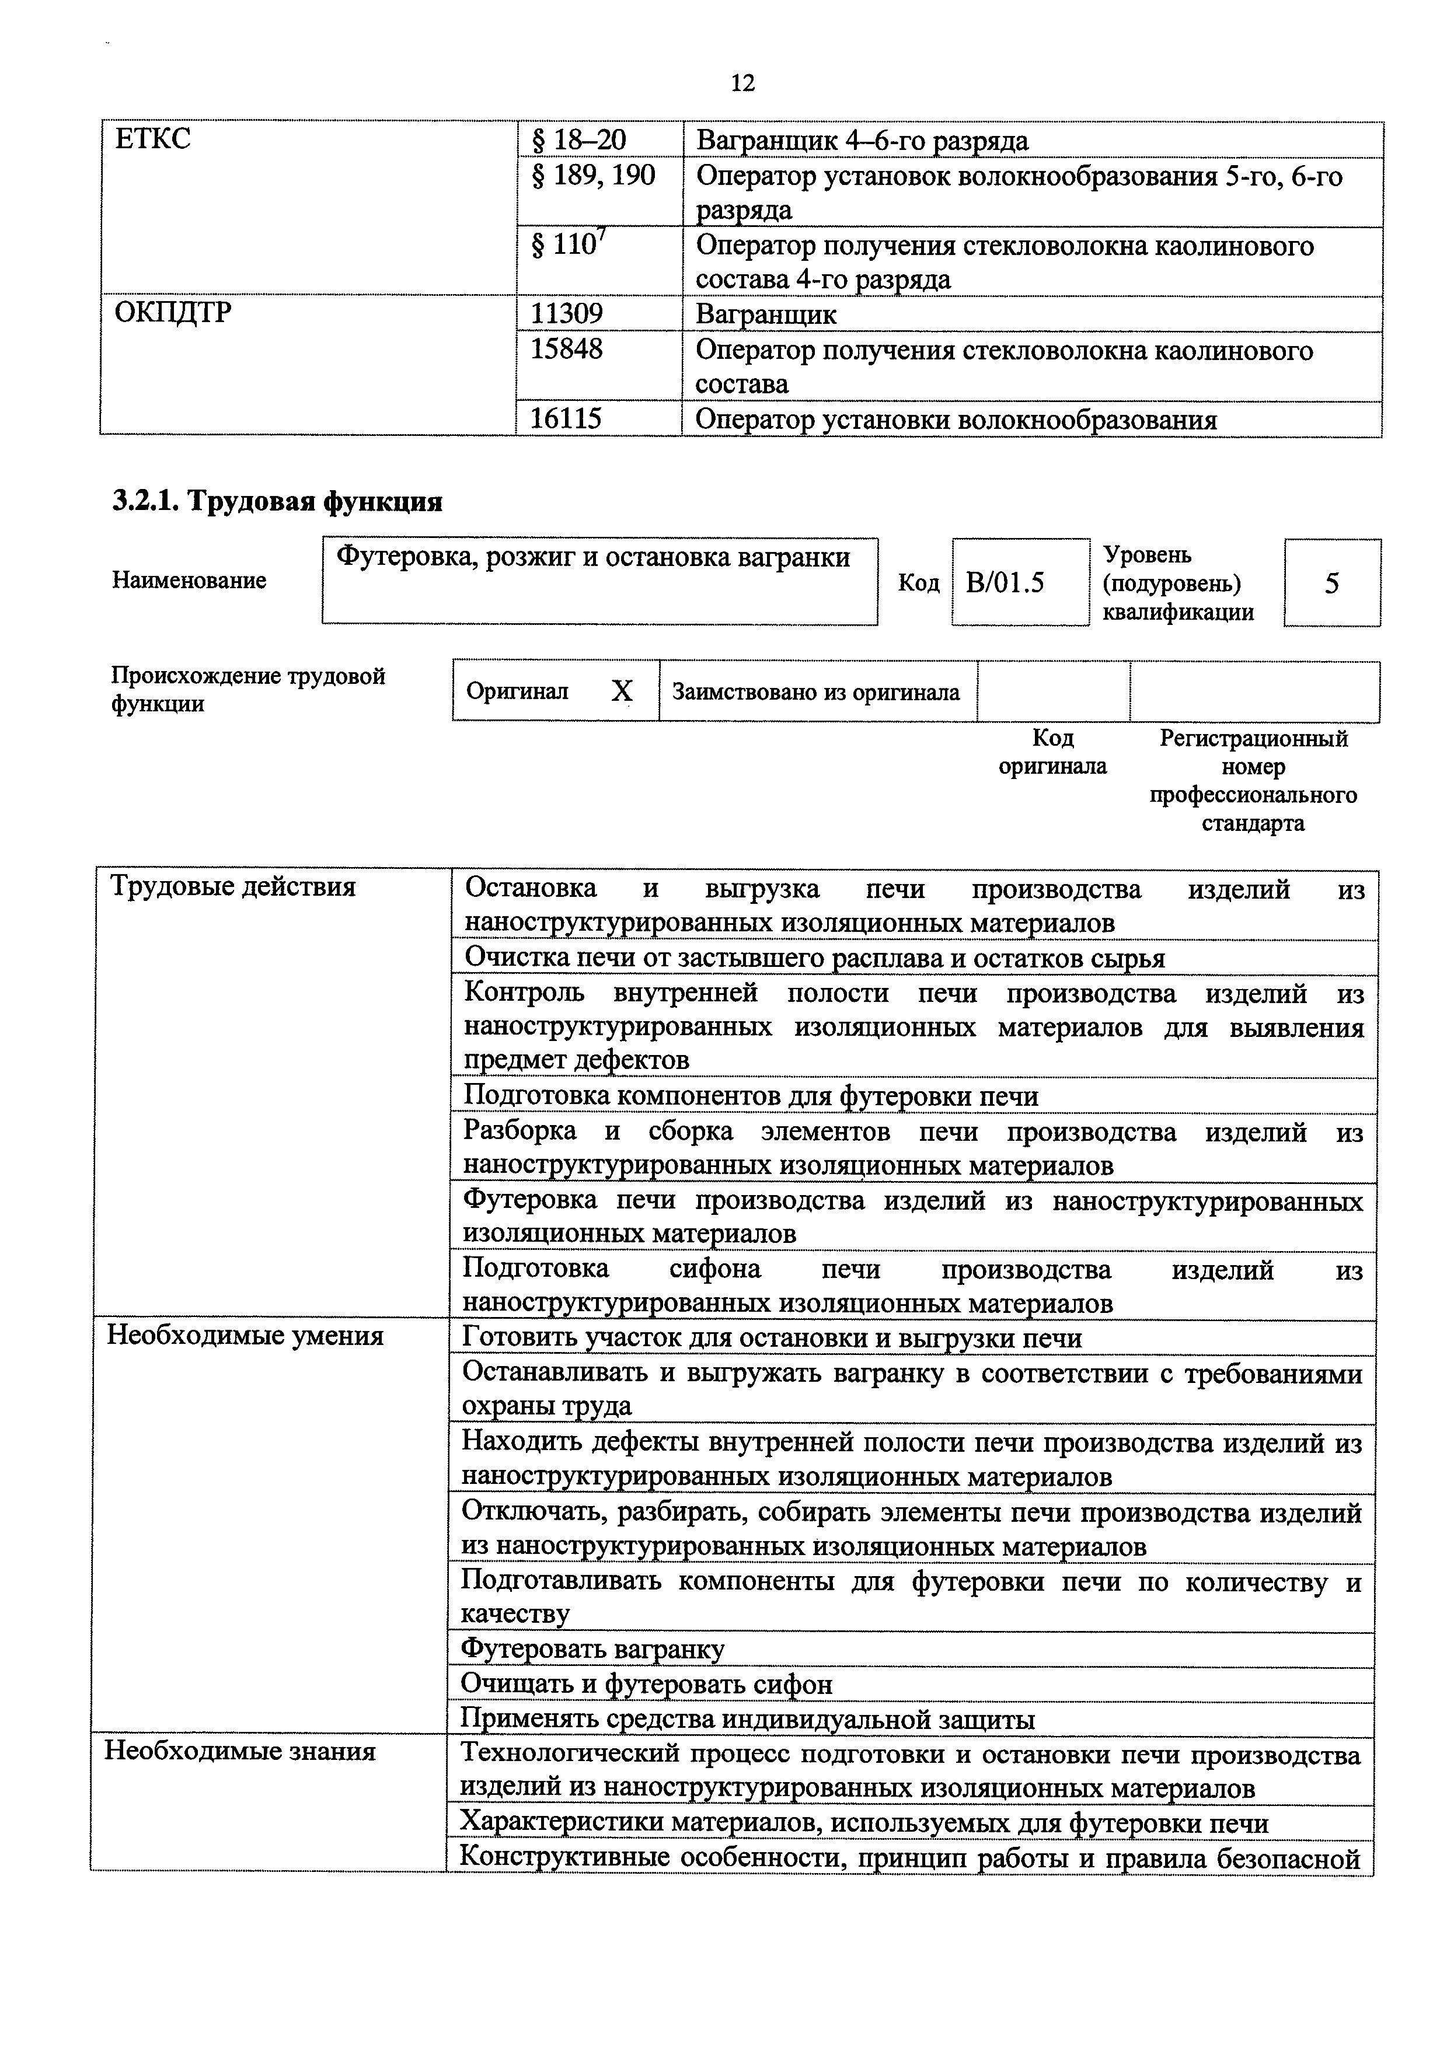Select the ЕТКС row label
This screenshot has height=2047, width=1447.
click(152, 140)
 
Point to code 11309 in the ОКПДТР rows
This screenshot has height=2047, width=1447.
click(566, 314)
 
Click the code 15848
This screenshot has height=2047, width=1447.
click(566, 348)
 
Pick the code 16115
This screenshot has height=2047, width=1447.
click(566, 418)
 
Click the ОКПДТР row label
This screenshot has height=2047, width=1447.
click(173, 313)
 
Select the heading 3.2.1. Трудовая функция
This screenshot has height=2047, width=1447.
click(277, 501)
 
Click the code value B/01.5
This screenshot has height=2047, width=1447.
click(1005, 583)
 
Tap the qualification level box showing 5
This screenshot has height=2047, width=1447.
click(1331, 583)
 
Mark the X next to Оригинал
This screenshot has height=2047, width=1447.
click(622, 691)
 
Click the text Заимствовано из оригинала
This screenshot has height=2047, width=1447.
click(815, 692)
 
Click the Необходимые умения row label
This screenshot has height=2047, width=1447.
click(245, 1336)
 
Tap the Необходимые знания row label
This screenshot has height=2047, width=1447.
click(240, 1751)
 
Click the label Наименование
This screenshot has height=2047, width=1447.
click(189, 581)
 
